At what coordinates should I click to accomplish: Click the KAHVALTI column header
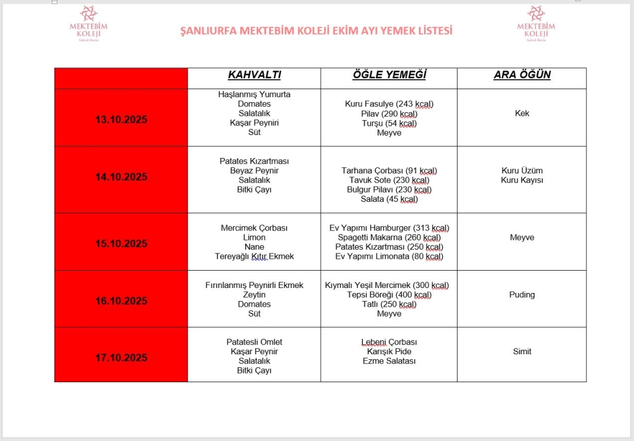coord(254,76)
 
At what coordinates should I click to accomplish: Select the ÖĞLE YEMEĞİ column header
coord(389,76)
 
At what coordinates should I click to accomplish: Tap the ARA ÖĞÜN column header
coord(521,76)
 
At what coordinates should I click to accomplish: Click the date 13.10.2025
coord(121,120)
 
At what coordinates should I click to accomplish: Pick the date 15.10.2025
coord(121,243)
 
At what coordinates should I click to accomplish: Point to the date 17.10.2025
coord(121,357)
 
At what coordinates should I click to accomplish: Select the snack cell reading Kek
coord(521,113)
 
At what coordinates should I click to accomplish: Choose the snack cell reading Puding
coord(521,295)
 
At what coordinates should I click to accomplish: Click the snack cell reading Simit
coord(521,352)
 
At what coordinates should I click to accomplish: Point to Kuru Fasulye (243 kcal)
coord(389,104)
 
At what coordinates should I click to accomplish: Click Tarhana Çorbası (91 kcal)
coord(389,170)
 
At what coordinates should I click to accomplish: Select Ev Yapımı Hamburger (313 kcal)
coord(389,228)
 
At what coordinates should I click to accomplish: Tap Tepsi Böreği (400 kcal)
coord(389,295)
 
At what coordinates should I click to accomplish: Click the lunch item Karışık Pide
coord(389,352)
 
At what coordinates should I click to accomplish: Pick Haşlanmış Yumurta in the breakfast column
coord(254,94)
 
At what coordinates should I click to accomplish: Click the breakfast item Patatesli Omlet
coord(254,342)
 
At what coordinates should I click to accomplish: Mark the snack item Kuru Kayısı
coord(521,180)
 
